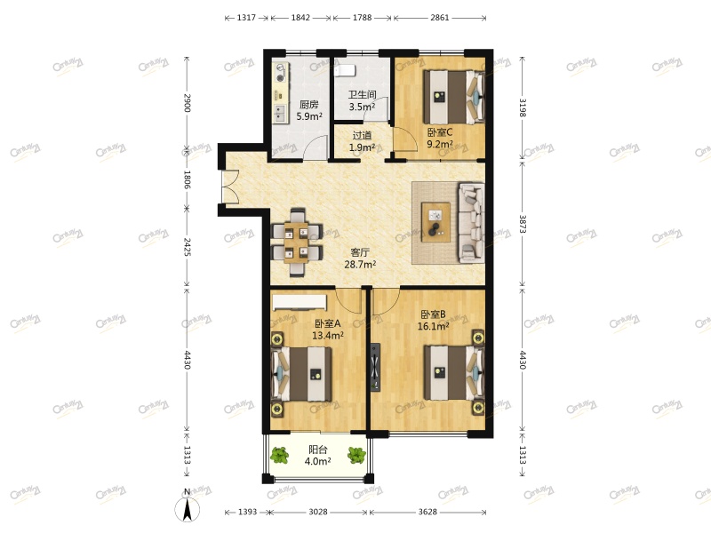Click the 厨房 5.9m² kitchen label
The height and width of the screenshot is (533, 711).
point(308,110)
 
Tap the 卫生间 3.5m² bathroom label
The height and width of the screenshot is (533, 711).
point(362,100)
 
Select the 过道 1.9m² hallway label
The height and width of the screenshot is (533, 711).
point(362,141)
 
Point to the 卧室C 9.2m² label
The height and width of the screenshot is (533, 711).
point(439,138)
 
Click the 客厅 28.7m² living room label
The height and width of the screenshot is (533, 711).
point(360,259)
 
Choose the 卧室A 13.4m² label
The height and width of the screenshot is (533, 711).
point(328,330)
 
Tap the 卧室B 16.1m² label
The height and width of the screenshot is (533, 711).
point(433,321)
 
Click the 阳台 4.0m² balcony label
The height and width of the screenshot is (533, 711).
point(317,456)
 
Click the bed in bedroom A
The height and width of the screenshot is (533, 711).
point(302,374)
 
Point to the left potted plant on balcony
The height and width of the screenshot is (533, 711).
point(280,456)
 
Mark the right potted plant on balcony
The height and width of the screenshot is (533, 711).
point(357,456)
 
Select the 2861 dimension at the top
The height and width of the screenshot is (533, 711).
point(439,18)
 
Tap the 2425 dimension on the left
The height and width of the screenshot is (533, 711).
point(187,246)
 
